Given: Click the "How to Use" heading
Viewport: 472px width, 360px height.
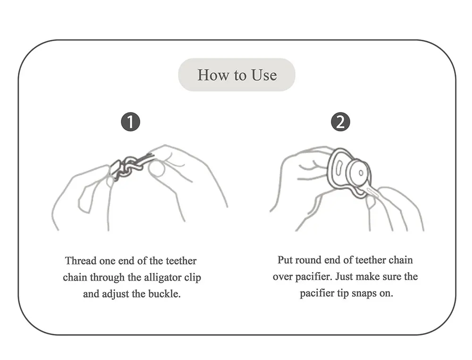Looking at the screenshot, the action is tap(237, 75).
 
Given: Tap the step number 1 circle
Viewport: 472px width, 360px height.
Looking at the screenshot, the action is tap(131, 122).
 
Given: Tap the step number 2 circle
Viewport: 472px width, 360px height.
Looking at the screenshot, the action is tap(340, 122).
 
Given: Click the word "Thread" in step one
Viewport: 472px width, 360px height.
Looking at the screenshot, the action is tap(81, 261).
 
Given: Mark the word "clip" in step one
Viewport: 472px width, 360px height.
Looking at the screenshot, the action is tap(193, 277).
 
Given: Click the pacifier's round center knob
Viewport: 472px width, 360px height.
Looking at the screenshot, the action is tap(360, 172).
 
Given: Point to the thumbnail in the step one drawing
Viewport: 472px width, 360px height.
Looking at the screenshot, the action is tap(157, 169).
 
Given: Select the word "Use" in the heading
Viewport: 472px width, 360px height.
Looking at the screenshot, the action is tap(264, 75).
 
